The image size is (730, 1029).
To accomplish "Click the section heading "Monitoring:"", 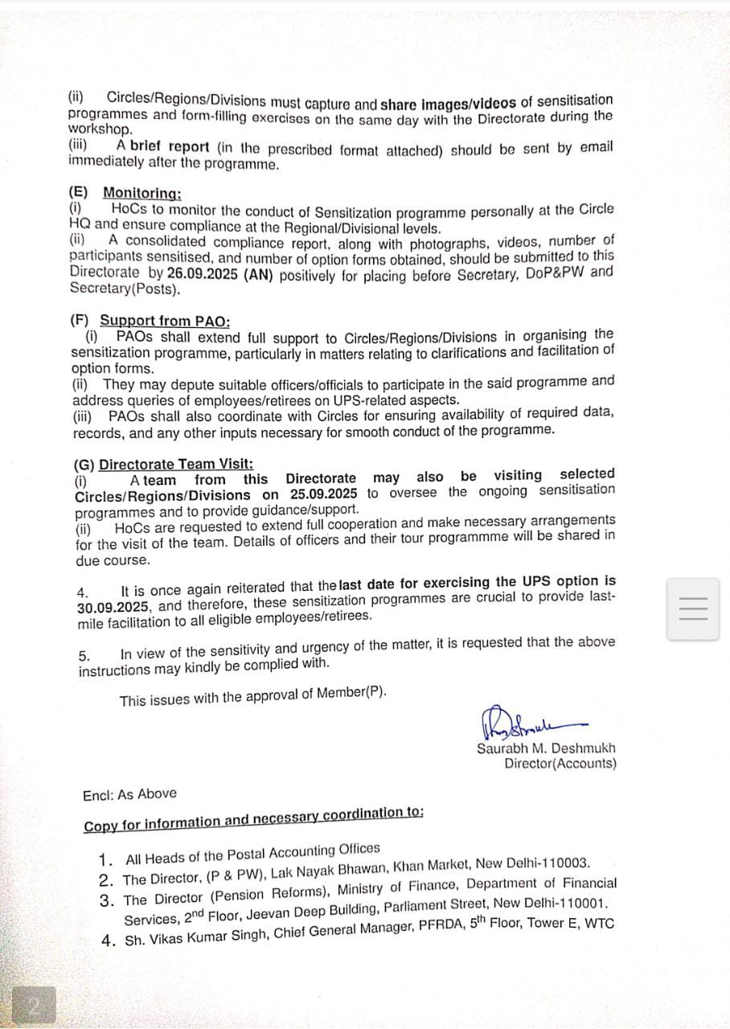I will pyautogui.click(x=141, y=193).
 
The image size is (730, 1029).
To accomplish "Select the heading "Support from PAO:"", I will pyautogui.click(x=164, y=320).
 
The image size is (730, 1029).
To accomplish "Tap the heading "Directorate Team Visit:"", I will pyautogui.click(x=175, y=464).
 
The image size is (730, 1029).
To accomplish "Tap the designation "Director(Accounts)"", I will pyautogui.click(x=560, y=763).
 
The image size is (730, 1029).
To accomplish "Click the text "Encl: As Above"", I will pyautogui.click(x=129, y=794).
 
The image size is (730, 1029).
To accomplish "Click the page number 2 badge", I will pyautogui.click(x=34, y=1005).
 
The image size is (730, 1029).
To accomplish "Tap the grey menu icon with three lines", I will pyautogui.click(x=692, y=608).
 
